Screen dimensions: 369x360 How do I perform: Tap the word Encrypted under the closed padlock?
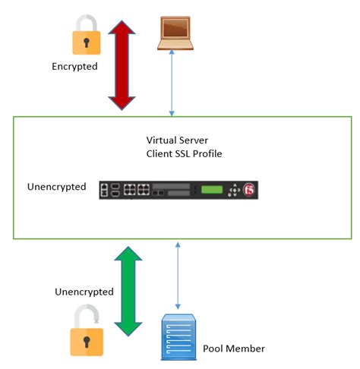pyautogui.click(x=74, y=66)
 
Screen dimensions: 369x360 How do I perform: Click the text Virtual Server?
pyautogui.click(x=178, y=140)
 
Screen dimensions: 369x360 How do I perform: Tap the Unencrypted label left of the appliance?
pyautogui.click(x=56, y=187)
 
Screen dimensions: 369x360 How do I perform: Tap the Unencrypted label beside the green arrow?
pyautogui.click(x=84, y=292)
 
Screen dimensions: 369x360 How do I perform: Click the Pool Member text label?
pyautogui.click(x=234, y=348)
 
